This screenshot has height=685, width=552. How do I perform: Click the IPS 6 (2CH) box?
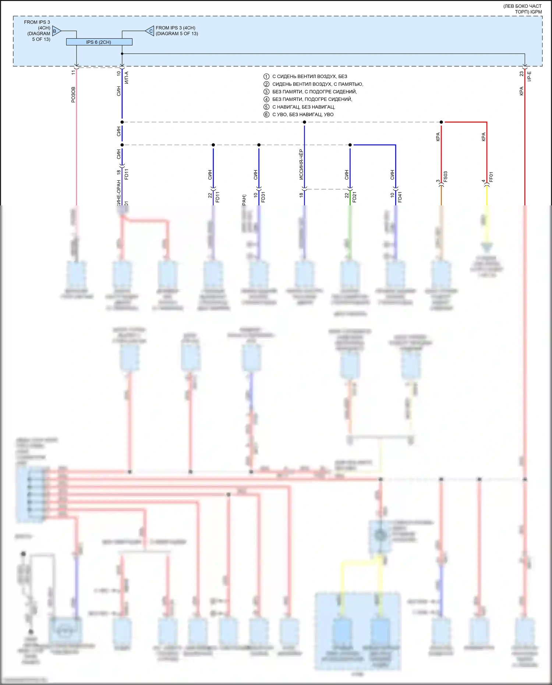click(99, 42)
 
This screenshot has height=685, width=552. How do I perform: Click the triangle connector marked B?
click(56, 31)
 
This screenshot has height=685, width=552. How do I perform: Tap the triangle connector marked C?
click(150, 31)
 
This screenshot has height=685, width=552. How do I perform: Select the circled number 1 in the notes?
click(266, 77)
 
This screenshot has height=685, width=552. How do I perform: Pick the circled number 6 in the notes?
click(266, 114)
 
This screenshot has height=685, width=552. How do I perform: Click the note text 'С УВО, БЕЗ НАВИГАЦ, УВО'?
click(303, 114)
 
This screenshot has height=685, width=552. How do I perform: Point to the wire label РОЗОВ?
click(73, 95)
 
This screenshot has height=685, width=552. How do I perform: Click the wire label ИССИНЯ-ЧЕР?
click(301, 164)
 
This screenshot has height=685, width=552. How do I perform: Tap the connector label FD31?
click(263, 197)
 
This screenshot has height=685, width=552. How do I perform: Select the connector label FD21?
click(354, 197)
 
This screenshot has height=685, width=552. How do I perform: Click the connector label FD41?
click(400, 197)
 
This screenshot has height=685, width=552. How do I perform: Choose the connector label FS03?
click(446, 177)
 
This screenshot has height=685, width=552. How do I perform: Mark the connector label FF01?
click(491, 177)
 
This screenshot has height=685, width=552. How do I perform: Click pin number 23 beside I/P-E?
click(521, 74)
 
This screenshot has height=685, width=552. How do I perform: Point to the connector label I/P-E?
click(529, 76)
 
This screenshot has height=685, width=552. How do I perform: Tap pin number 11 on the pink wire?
click(73, 73)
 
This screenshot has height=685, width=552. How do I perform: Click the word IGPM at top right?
click(536, 12)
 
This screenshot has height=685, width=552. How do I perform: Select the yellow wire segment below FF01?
click(487, 197)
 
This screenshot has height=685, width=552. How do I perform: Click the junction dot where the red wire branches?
click(441, 122)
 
